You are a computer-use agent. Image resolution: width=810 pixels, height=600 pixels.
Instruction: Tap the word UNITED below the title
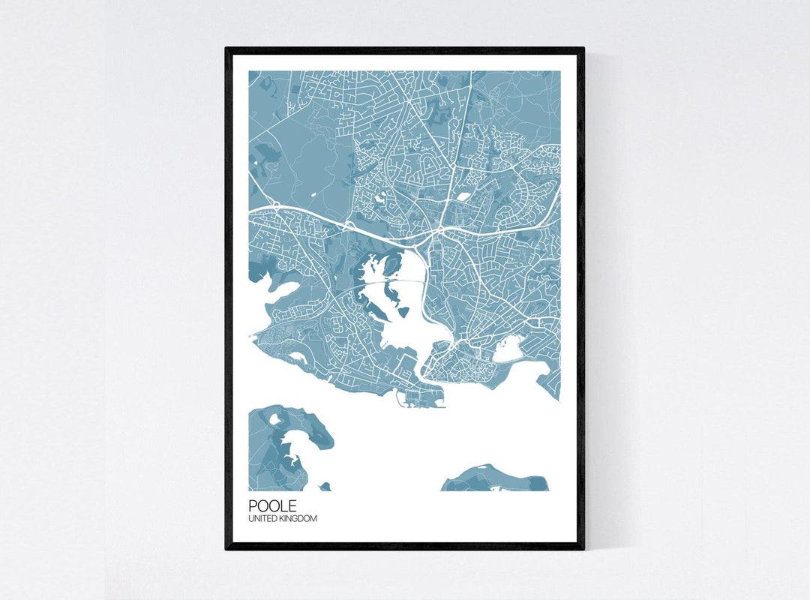coord(263,518)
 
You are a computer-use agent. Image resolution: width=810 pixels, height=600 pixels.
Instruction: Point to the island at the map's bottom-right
coord(495,478)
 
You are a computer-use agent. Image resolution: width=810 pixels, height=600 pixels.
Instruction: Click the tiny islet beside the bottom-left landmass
coord(325,487)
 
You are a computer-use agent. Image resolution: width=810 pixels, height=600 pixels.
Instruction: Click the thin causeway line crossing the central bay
coord(390,280)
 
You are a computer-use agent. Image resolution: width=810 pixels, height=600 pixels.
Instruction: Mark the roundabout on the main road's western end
coord(275,204)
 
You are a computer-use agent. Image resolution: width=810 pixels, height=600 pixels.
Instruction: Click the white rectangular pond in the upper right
coord(463,197)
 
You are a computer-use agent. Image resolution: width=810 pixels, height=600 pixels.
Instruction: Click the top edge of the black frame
coord(405,51)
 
